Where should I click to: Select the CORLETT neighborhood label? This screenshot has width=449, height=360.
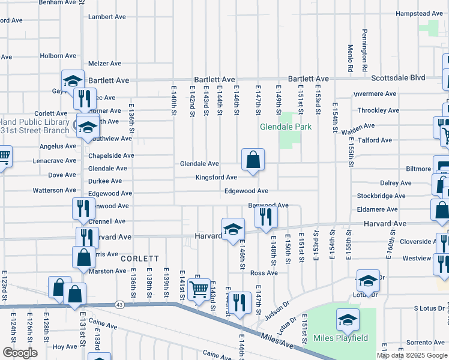click(139, 259)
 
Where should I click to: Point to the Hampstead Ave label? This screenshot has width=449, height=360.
click(418, 13)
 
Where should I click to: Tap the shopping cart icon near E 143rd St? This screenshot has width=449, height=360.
click(198, 290)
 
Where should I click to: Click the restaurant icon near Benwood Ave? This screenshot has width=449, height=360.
click(266, 216)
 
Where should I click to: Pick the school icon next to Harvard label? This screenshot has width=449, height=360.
click(233, 228)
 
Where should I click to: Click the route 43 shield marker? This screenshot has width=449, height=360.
click(120, 305)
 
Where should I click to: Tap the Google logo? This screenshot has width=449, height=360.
click(20, 353)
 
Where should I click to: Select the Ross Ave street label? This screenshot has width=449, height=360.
click(264, 273)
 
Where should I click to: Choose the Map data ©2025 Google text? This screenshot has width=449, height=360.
click(412, 355)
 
